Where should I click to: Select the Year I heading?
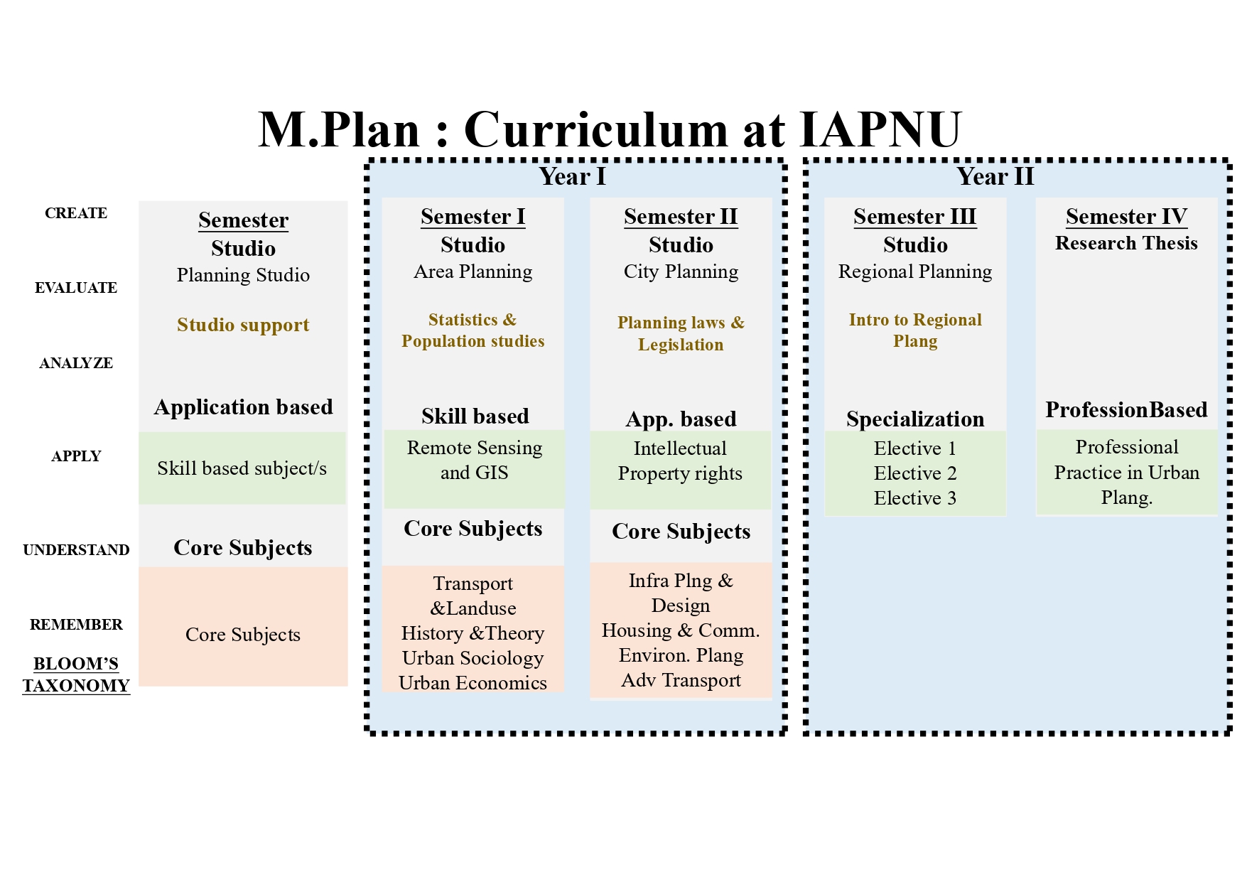click(572, 176)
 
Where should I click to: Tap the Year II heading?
click(995, 176)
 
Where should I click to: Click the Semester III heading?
click(914, 217)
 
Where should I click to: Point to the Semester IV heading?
click(1126, 217)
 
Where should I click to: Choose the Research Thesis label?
click(1126, 244)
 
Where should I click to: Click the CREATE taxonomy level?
click(76, 213)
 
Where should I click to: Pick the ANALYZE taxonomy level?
click(76, 363)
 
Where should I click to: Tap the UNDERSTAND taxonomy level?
click(76, 550)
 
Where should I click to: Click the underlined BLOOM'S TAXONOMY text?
click(76, 674)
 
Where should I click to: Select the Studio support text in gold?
click(243, 325)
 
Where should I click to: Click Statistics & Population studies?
click(473, 330)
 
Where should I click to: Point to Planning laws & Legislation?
click(681, 333)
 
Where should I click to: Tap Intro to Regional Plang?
click(915, 330)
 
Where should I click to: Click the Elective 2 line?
click(915, 473)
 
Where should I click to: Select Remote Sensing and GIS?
click(474, 461)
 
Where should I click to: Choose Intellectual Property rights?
click(680, 461)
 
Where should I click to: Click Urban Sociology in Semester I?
click(473, 658)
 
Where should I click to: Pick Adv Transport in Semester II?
click(681, 680)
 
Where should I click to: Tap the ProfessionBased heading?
click(1126, 410)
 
